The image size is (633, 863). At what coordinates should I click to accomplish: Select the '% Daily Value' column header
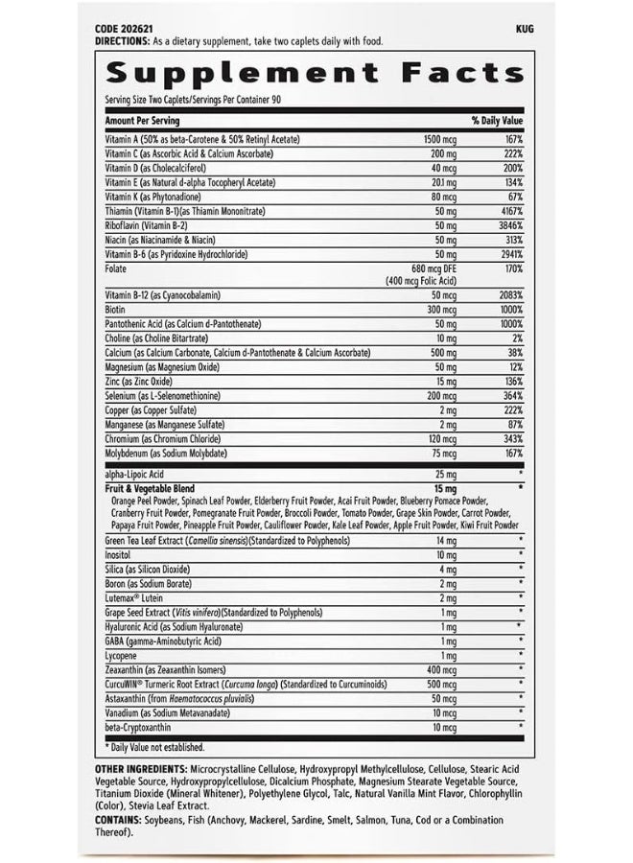click(496, 121)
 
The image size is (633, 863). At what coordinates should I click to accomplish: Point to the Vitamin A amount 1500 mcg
click(441, 140)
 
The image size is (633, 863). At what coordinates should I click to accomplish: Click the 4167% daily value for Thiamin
click(509, 210)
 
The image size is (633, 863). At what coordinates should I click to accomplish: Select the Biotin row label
click(115, 311)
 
